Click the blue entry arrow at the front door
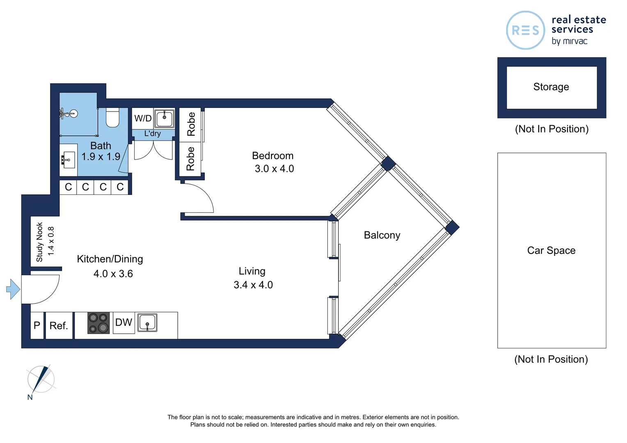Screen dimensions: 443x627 (13, 289)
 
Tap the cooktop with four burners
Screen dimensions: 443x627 (98, 323)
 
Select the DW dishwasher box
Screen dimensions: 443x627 (124, 323)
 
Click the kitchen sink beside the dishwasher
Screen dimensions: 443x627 (147, 322)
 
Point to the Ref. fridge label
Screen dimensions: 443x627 (59, 326)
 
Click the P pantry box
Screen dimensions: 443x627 (37, 326)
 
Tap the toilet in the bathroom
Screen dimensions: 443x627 (112, 118)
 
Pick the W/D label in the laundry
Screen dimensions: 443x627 (143, 119)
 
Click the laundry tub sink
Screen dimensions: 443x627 (165, 119)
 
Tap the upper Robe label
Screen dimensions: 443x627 (191, 124)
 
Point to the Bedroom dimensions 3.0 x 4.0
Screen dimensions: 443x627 (274, 169)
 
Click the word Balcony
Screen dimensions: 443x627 (382, 235)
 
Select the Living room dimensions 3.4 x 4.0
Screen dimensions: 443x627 (253, 285)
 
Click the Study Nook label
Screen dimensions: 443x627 (40, 242)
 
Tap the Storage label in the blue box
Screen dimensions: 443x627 (551, 87)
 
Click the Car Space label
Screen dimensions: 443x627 (551, 251)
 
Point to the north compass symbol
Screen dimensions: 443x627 (41, 379)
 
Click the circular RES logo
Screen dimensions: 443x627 (525, 30)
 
